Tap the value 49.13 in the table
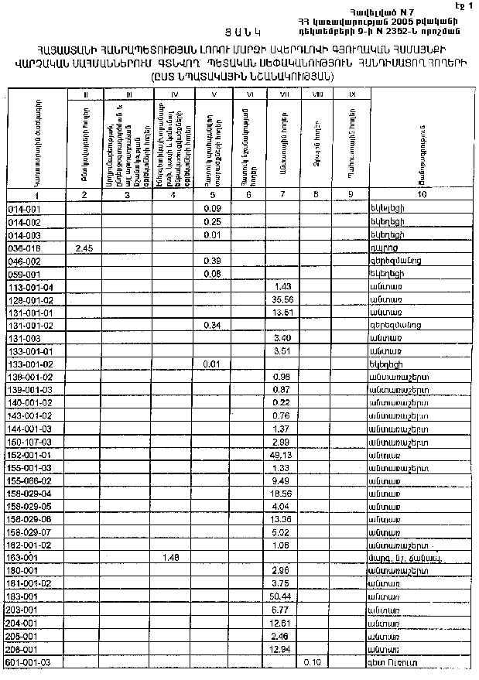click(281, 455)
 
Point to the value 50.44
click(281, 597)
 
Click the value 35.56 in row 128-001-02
click(281, 299)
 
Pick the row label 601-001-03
click(29, 663)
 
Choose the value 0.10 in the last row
click(313, 662)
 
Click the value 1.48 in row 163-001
click(171, 558)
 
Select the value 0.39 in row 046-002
click(211, 261)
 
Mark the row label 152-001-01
click(29, 455)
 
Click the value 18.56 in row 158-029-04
click(281, 494)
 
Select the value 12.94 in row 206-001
click(281, 649)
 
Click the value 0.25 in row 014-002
click(211, 222)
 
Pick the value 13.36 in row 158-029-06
click(281, 519)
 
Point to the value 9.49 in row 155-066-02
click(281, 480)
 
